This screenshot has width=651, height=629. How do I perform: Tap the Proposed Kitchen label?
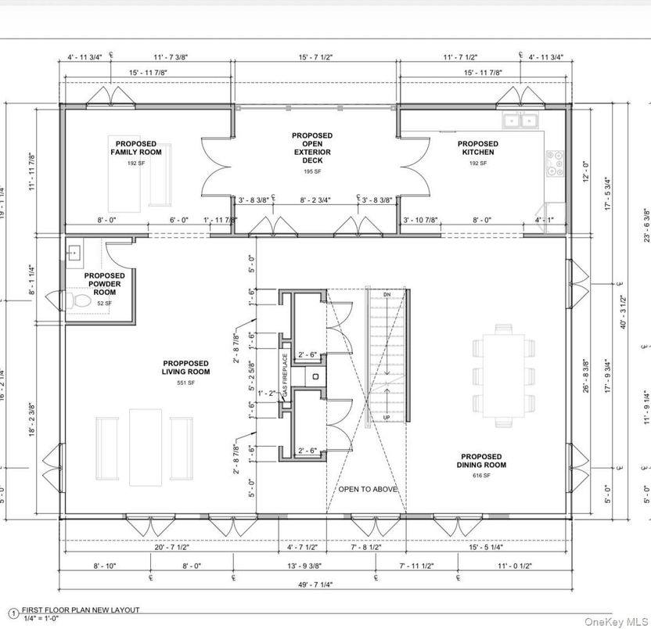pyautogui.click(x=477, y=148)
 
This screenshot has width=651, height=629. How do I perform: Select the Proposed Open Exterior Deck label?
pyautogui.click(x=311, y=148)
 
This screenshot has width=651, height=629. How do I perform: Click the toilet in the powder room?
pyautogui.click(x=77, y=300)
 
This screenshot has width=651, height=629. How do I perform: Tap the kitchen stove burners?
pyautogui.click(x=555, y=163)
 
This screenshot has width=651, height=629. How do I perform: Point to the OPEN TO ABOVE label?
pyautogui.click(x=368, y=490)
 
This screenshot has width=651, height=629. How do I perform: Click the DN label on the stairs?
pyautogui.click(x=387, y=294)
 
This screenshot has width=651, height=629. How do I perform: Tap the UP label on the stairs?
pyautogui.click(x=387, y=419)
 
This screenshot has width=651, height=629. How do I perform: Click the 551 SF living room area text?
pyautogui.click(x=186, y=383)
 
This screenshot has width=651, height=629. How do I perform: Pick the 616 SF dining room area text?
pyautogui.click(x=482, y=476)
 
